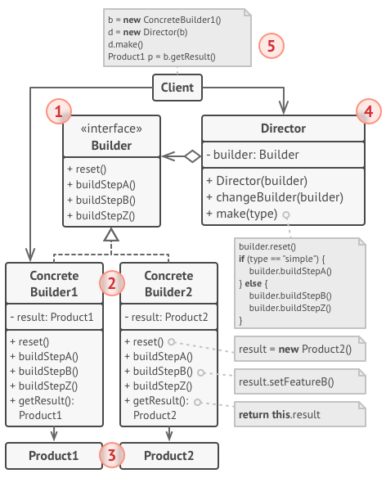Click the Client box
point(177,88)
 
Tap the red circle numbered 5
point(272,46)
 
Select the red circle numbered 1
point(59,111)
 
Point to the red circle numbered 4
point(369,111)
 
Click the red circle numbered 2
point(112,283)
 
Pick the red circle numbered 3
point(112,455)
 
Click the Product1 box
point(54,456)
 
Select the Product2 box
point(169,456)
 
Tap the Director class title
point(283,129)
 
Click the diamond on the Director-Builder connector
point(193,156)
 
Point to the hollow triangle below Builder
point(111,235)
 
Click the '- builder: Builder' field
point(253,155)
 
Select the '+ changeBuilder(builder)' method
point(275,197)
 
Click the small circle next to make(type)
point(285,215)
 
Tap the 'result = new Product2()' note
point(300,349)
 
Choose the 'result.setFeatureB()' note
point(300,381)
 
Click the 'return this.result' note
point(300,414)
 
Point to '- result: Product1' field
point(52,317)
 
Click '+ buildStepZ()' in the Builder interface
point(101,215)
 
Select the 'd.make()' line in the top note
point(125,44)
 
